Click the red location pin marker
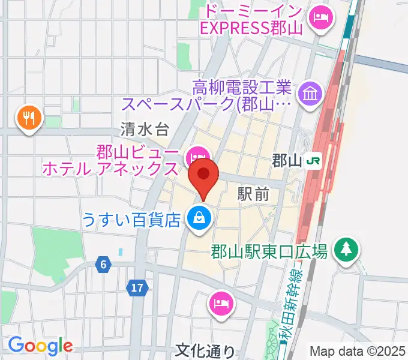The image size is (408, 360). coord(204,175)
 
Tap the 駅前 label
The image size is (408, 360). coord(253,194)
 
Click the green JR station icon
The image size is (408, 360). coord(313,160)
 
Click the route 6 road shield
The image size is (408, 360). coord(103,263)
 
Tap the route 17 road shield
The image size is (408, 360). coord(137,288)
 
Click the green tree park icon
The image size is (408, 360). coord(346,249)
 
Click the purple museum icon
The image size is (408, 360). coord(312,93)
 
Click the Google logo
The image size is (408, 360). coord(40,346)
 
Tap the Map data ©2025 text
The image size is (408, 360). coord(357,350)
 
